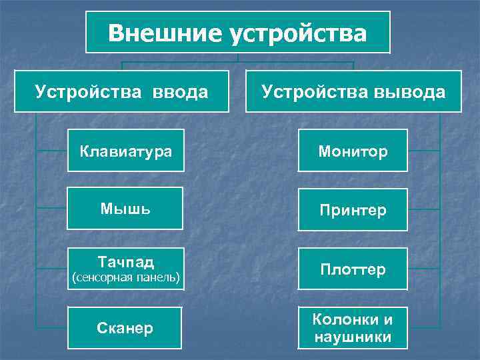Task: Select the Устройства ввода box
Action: pyautogui.click(x=121, y=91)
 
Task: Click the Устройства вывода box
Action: pyautogui.click(x=353, y=91)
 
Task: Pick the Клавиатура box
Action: pyautogui.click(x=126, y=151)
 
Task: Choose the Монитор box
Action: pyautogui.click(x=353, y=151)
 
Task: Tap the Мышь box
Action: pyautogui.click(x=125, y=209)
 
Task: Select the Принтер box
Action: pyautogui.click(x=353, y=210)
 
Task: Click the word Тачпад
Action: pyautogui.click(x=125, y=261)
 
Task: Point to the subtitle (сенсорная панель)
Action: pyautogui.click(x=125, y=277)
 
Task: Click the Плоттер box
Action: pyautogui.click(x=353, y=269)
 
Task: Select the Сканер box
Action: pyautogui.click(x=125, y=328)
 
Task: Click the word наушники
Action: pyautogui.click(x=353, y=337)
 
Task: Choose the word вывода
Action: pyautogui.click(x=409, y=91)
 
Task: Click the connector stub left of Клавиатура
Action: pyautogui.click(x=52, y=151)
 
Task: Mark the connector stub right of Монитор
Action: pyautogui.click(x=424, y=151)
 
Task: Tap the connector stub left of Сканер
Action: pyautogui.click(x=52, y=328)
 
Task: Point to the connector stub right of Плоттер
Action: pyautogui.click(x=424, y=269)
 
